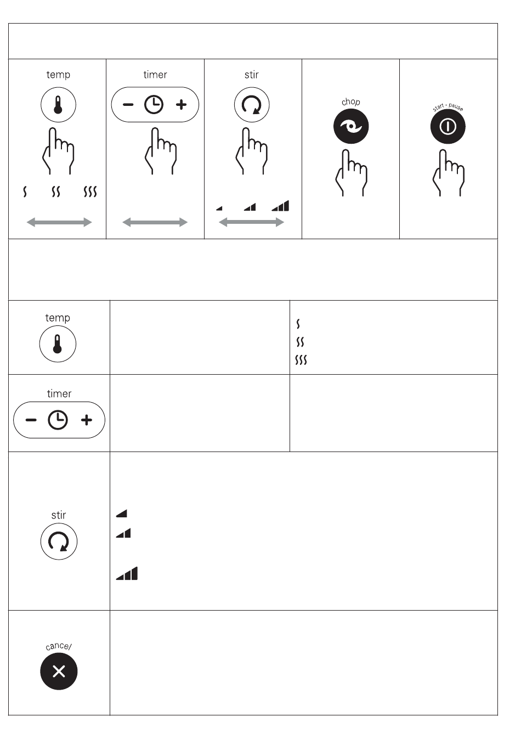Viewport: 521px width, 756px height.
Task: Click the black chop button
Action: [350, 126]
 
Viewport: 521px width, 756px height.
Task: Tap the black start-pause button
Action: [448, 126]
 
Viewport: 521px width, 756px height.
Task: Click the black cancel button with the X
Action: [59, 672]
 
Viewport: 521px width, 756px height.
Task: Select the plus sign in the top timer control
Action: [181, 104]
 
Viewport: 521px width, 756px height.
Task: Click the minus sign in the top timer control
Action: [128, 105]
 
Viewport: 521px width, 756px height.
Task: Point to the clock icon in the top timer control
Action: [154, 105]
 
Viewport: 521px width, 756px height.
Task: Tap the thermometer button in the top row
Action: [58, 105]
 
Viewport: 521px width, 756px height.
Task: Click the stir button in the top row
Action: [252, 105]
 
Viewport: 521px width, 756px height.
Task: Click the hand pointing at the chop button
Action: [352, 172]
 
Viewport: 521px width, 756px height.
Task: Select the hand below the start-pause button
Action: [449, 172]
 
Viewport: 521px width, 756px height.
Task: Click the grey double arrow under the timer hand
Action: [155, 222]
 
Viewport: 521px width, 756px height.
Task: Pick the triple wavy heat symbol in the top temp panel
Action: [90, 191]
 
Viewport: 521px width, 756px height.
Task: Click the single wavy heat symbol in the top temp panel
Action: [25, 191]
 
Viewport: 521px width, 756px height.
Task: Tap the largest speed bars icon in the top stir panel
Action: [280, 206]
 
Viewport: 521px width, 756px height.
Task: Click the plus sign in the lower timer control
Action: [87, 420]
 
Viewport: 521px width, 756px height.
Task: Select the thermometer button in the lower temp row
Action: [58, 344]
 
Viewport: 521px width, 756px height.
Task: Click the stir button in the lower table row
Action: [59, 541]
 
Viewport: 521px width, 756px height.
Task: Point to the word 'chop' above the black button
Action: [351, 101]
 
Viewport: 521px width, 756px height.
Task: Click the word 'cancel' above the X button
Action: [59, 646]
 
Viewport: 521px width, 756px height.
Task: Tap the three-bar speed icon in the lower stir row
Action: [127, 573]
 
